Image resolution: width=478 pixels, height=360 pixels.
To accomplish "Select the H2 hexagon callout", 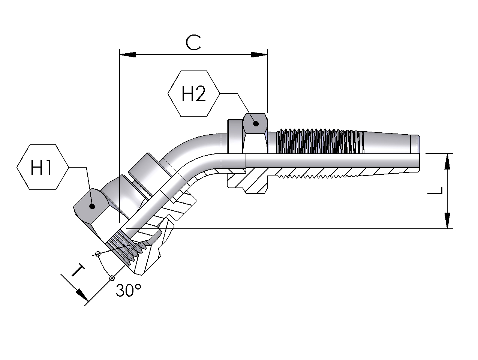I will coord(193,93).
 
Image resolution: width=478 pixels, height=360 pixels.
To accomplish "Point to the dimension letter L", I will coord(435,191).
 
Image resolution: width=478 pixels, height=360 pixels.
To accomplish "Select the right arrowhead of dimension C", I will coord(259,55).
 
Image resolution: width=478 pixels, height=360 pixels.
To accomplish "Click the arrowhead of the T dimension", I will coord(82,295).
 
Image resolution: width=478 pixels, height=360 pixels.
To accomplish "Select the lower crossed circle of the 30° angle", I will coord(111,278).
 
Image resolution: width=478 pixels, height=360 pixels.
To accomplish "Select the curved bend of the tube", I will coord(187,150).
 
